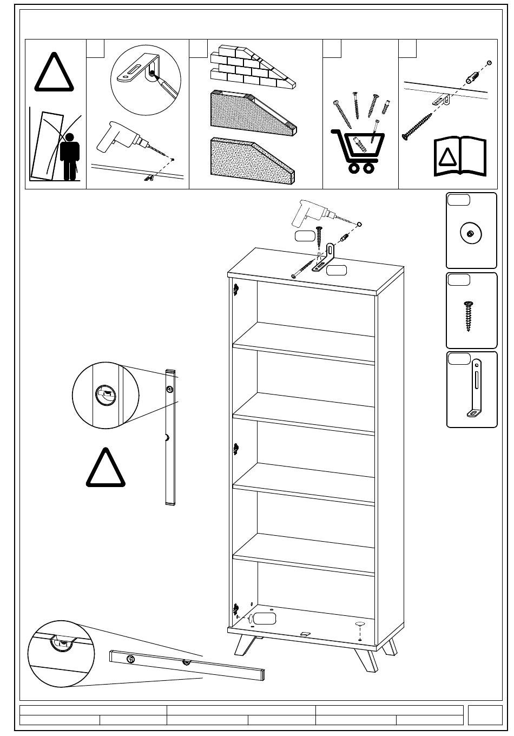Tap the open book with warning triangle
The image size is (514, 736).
pos(460,157)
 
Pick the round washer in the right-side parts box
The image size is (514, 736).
pos(471,233)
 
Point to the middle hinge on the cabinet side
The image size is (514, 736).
pos(236,449)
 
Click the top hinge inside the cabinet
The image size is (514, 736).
pos(236,290)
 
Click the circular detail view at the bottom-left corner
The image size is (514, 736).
pos(60,654)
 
